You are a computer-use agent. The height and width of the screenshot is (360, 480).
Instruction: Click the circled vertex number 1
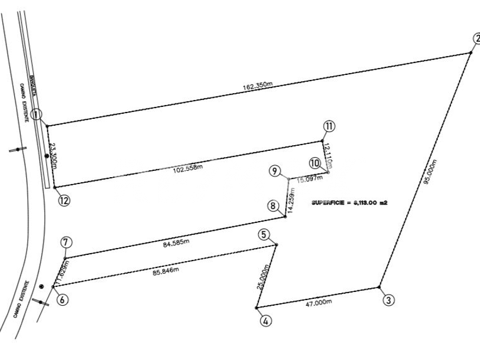pyautogui.click(x=37, y=115)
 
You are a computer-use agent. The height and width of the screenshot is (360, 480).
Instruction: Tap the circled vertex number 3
pyautogui.click(x=388, y=299)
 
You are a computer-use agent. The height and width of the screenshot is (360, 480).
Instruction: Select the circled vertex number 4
pyautogui.click(x=266, y=321)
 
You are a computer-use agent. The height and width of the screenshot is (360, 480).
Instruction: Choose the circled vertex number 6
pyautogui.click(x=63, y=299)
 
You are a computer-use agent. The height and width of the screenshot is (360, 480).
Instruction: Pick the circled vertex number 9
pyautogui.click(x=275, y=171)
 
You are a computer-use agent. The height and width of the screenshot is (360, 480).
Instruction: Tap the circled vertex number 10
pyautogui.click(x=314, y=163)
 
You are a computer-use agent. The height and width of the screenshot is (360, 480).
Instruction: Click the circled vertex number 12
pyautogui.click(x=65, y=201)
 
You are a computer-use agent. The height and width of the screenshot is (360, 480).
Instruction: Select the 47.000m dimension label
pyautogui.click(x=319, y=302)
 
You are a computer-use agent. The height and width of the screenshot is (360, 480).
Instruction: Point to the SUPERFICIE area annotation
pyautogui.click(x=350, y=203)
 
